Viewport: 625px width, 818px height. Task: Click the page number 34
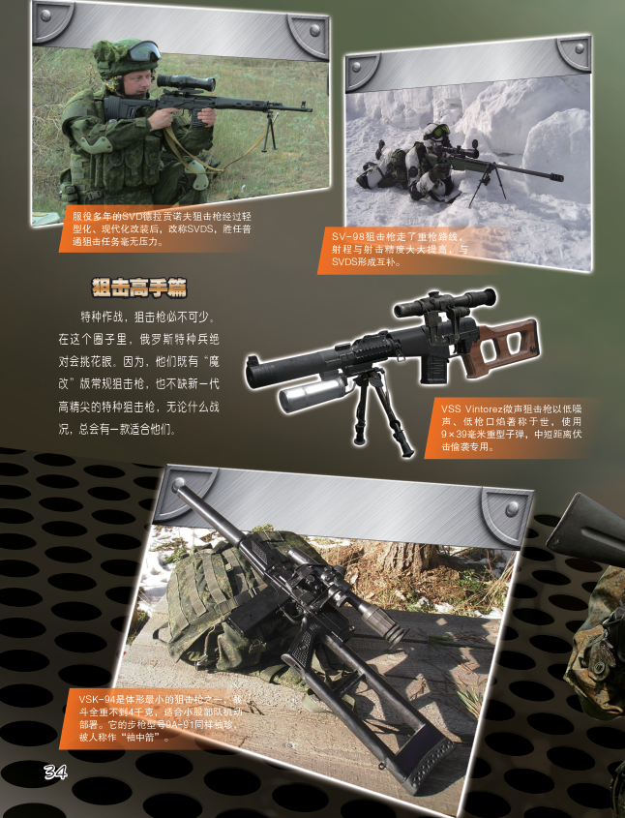[55, 772]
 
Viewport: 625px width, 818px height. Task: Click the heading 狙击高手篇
[139, 288]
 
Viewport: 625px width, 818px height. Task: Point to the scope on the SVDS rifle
[186, 82]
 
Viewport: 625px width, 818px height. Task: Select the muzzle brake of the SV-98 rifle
[554, 176]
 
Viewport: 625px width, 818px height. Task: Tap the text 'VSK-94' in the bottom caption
[97, 700]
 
